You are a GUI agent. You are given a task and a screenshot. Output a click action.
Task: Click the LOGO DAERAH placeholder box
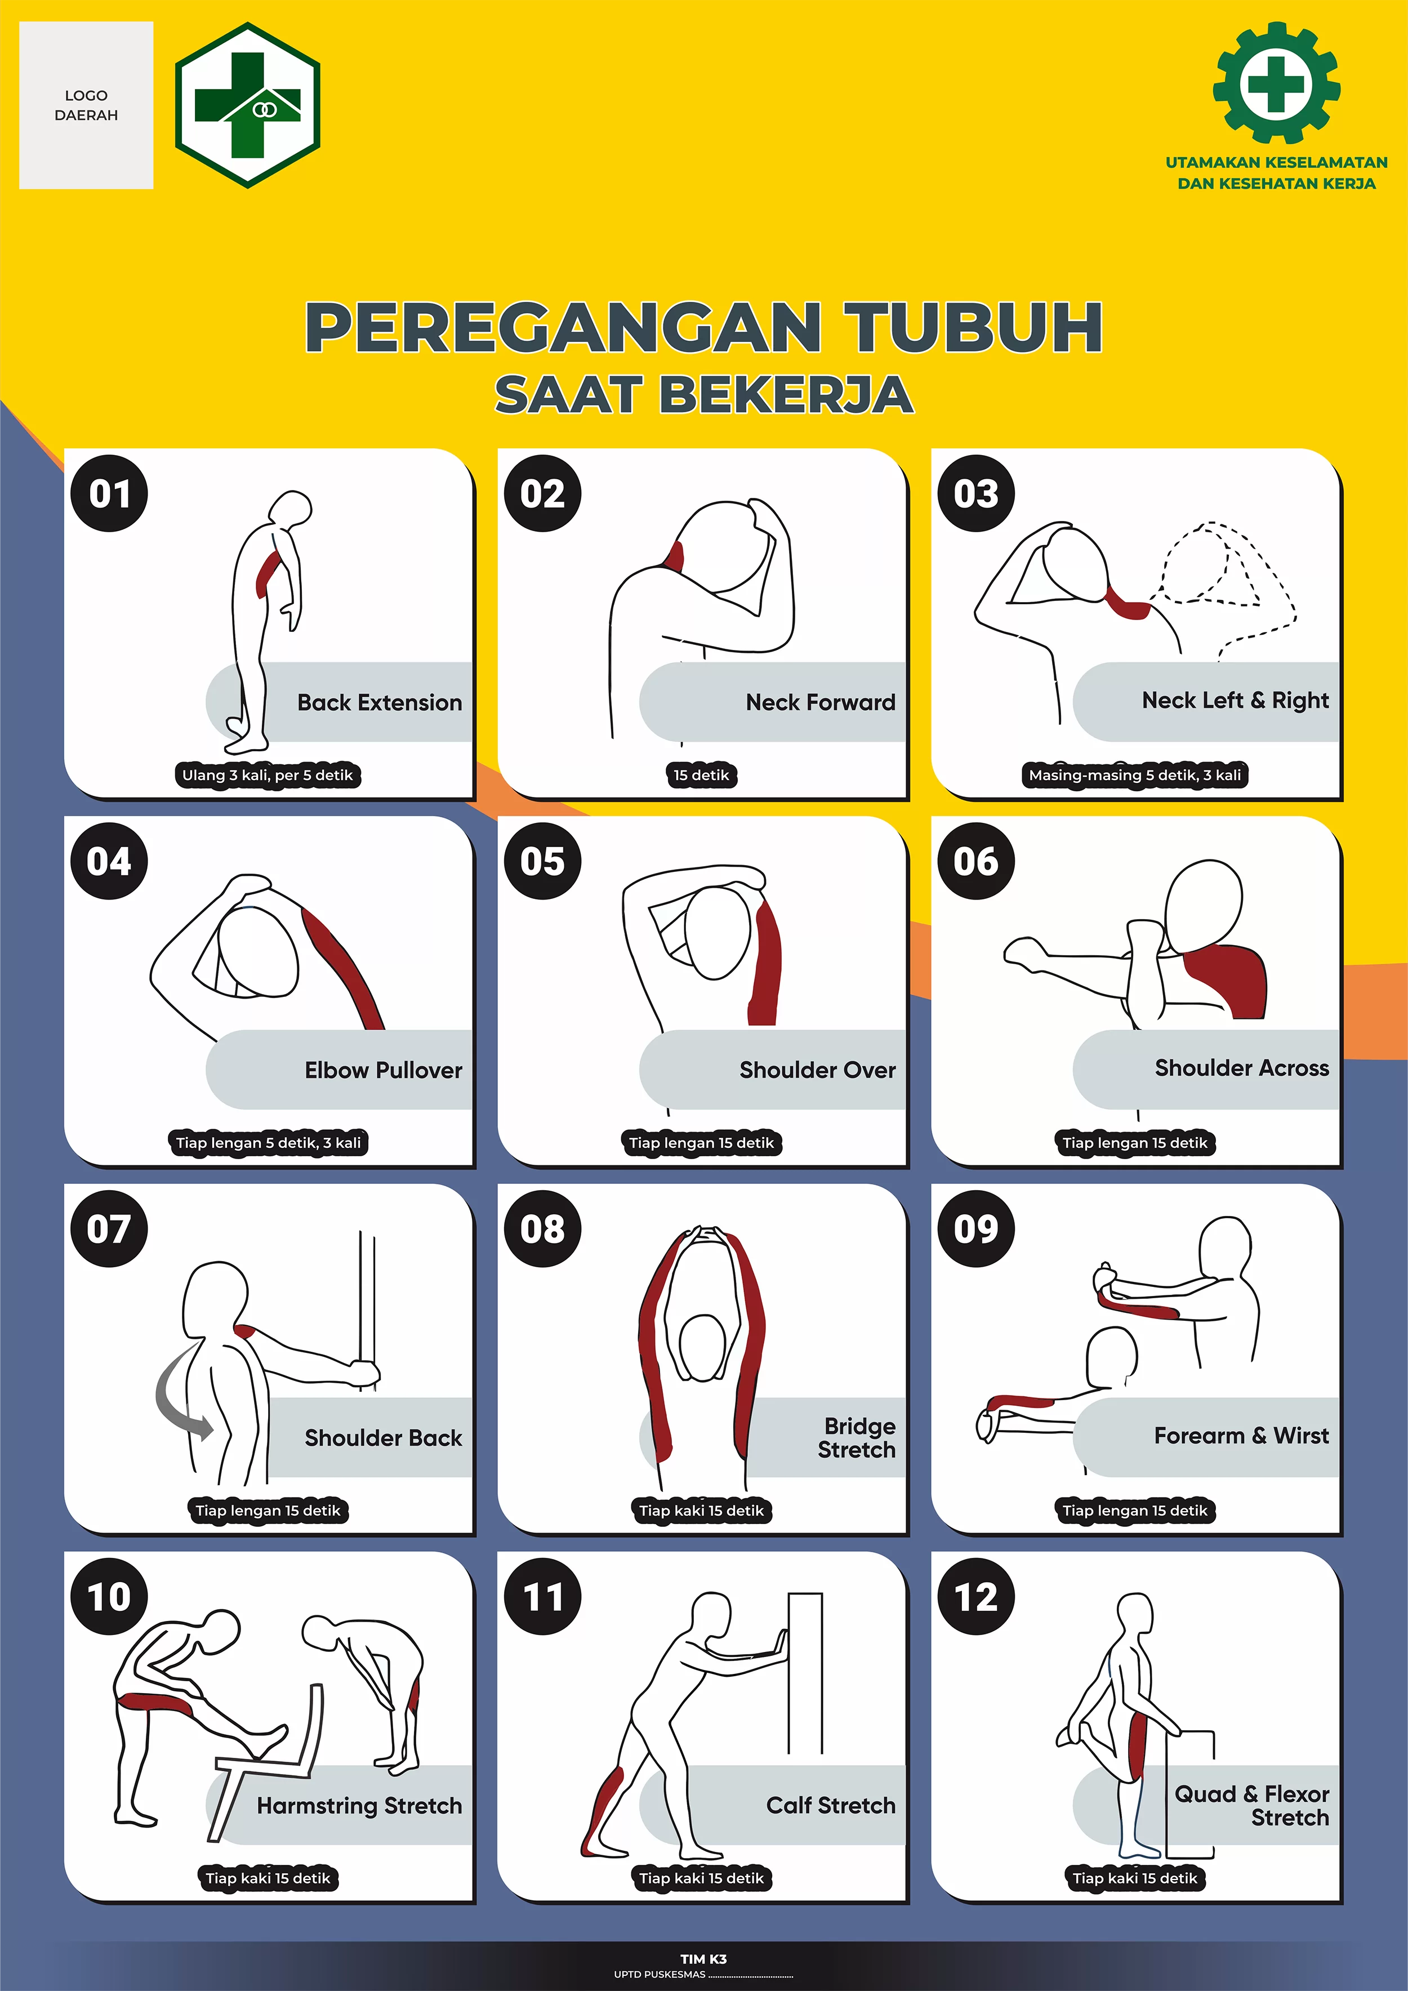[x=86, y=105]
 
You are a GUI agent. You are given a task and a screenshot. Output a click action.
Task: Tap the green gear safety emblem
[x=1276, y=83]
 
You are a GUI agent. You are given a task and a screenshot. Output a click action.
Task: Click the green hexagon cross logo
[x=248, y=105]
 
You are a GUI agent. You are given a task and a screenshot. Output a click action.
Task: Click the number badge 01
[x=109, y=493]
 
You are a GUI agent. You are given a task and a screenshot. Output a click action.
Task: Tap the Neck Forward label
[x=820, y=702]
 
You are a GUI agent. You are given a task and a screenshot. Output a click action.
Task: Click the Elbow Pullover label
[x=383, y=1070]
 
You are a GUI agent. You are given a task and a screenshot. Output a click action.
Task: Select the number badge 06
[x=976, y=861]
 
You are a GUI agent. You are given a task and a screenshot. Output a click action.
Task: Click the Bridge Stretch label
[x=857, y=1438]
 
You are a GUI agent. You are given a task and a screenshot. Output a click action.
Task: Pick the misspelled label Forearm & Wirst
[x=1241, y=1436]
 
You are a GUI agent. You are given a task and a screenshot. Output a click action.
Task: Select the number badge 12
[x=976, y=1596]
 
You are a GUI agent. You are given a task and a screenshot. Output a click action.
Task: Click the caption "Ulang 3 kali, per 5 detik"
[x=268, y=775]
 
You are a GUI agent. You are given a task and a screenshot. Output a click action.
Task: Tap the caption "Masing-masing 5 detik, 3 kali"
[x=1135, y=775]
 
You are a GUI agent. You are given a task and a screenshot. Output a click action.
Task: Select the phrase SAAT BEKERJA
[x=704, y=395]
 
